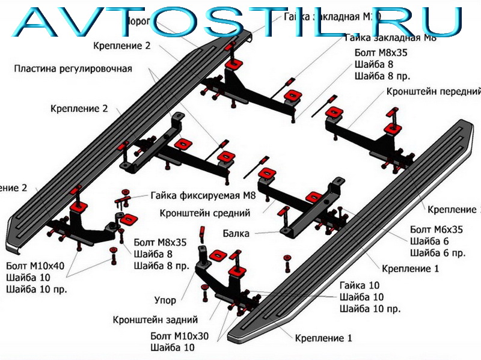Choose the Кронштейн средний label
tap(205, 213)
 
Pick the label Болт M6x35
tap(437, 230)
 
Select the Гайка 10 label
tap(360, 285)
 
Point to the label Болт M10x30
tap(180, 336)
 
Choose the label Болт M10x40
tap(35, 266)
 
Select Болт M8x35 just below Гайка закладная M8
tap(381, 53)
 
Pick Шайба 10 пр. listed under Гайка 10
tap(370, 309)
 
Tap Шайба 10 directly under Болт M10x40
tap(29, 278)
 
